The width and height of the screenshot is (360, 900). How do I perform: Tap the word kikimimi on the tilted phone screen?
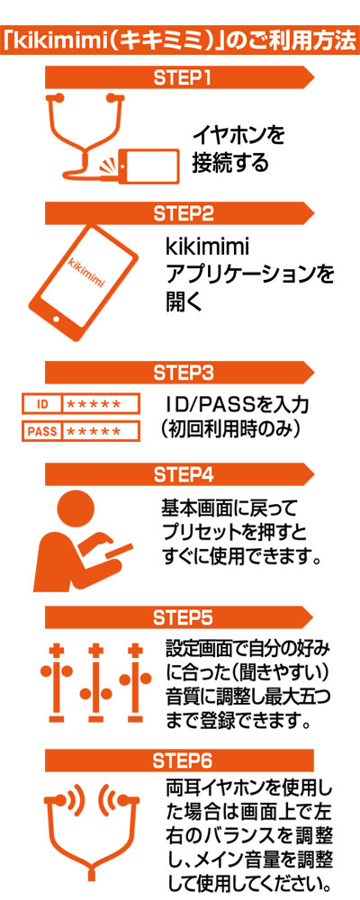[x=89, y=267]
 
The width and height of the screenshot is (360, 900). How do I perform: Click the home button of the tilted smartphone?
[x=57, y=319]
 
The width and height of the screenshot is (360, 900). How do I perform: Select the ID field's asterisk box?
[x=101, y=403]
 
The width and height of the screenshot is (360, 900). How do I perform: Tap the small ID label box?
[x=41, y=403]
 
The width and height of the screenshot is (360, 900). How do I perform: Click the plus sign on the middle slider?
[x=92, y=652]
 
